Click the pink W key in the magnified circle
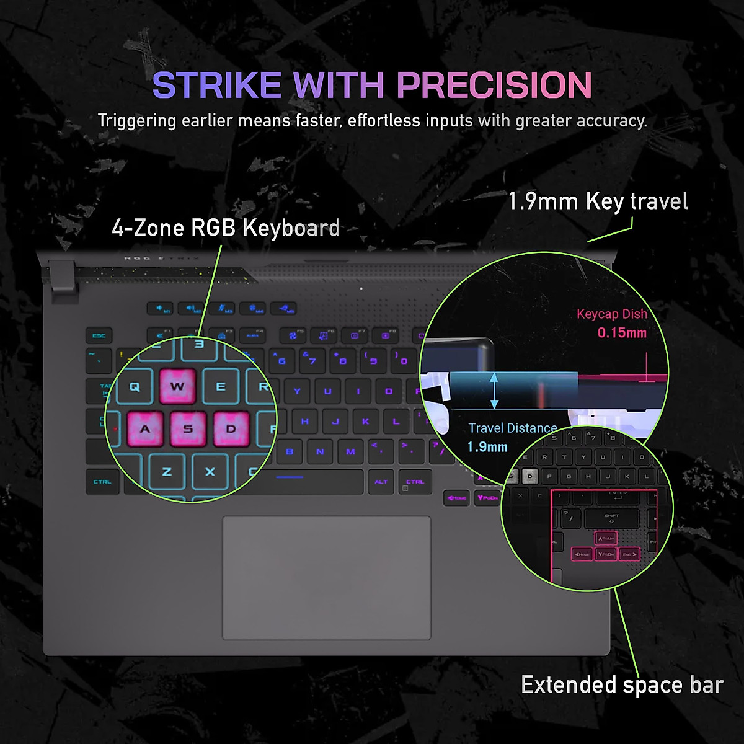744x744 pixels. [177, 387]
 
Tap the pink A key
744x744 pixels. [145, 429]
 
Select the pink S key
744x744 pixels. [188, 429]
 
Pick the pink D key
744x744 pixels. [231, 429]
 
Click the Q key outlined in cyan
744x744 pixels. [135, 387]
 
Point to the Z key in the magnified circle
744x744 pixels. [167, 472]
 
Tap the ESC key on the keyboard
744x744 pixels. [99, 336]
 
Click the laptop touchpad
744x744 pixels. [327, 577]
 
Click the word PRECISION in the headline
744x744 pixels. [494, 85]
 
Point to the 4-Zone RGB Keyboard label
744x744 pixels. [226, 228]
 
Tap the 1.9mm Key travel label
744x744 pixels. [598, 201]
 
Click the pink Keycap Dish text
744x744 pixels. [611, 314]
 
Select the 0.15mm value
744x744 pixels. [622, 333]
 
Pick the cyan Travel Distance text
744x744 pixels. [512, 428]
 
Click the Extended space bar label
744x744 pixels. [622, 685]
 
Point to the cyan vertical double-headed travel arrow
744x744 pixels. [494, 391]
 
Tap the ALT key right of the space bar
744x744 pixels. [381, 482]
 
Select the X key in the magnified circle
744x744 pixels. [210, 472]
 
